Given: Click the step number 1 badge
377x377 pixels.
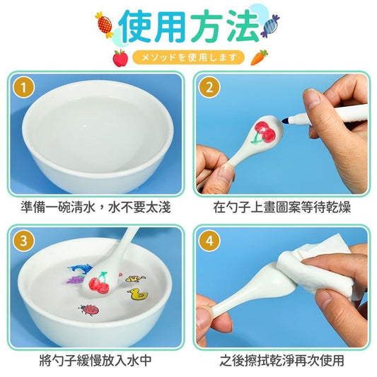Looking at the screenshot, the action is (x=23, y=87).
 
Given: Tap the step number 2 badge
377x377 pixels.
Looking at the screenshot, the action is (x=209, y=87).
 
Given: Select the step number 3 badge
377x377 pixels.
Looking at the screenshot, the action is (x=23, y=240).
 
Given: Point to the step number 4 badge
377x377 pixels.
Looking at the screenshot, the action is (x=209, y=240).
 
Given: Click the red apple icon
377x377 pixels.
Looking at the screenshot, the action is (x=120, y=58).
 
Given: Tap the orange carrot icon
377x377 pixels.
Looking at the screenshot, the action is (x=259, y=57).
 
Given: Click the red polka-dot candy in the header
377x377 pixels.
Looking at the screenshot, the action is (x=105, y=25).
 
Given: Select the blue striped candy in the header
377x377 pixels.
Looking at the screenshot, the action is (x=270, y=26).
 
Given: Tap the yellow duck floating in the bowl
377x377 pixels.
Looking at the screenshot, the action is (x=138, y=294).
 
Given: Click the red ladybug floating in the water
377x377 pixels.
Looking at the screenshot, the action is (x=89, y=309).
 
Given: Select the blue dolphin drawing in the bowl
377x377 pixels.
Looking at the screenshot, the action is (x=81, y=269).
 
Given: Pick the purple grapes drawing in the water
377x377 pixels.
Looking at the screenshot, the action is (x=74, y=279).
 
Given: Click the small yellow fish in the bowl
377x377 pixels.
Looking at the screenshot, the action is (x=135, y=279).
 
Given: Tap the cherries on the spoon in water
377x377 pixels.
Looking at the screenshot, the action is (x=99, y=283).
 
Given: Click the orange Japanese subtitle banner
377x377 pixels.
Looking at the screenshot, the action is (x=188, y=58).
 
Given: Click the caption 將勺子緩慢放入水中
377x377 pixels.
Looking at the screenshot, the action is (x=95, y=360).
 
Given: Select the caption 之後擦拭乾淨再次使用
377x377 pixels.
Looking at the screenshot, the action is (x=282, y=360).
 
